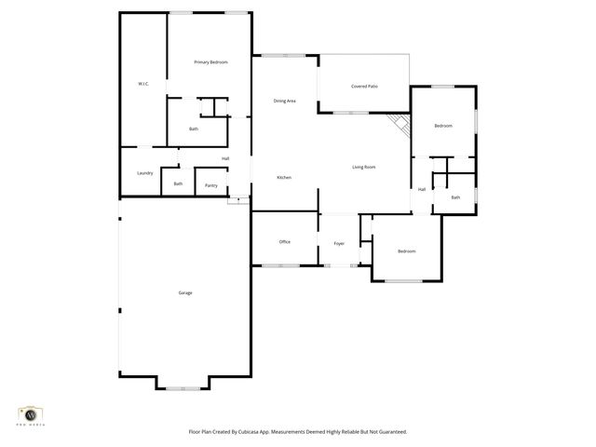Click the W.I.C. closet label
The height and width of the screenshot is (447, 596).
click(143, 84)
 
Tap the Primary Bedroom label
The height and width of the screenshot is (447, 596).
click(210, 62)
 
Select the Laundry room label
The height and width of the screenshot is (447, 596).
click(144, 172)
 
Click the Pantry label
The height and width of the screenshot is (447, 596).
click(211, 185)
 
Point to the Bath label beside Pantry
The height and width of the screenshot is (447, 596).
click(178, 183)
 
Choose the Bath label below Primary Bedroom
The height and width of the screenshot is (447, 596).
click(194, 129)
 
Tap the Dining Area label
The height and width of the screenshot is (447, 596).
click(284, 101)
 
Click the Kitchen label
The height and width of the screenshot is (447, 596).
click(284, 177)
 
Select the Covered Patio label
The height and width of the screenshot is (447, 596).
click(364, 87)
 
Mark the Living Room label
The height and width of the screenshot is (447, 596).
click(363, 167)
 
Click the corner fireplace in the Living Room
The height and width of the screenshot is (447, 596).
click(400, 126)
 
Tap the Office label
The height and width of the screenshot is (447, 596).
click(285, 241)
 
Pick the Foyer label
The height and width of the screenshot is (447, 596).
click(339, 243)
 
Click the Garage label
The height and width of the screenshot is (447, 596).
click(185, 292)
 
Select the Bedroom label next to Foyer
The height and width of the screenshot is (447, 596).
click(406, 251)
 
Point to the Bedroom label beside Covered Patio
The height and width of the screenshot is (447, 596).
click(443, 126)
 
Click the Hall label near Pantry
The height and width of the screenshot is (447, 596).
click(225, 158)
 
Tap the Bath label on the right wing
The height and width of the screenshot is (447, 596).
click(455, 196)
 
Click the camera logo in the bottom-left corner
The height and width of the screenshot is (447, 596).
click(31, 413)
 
